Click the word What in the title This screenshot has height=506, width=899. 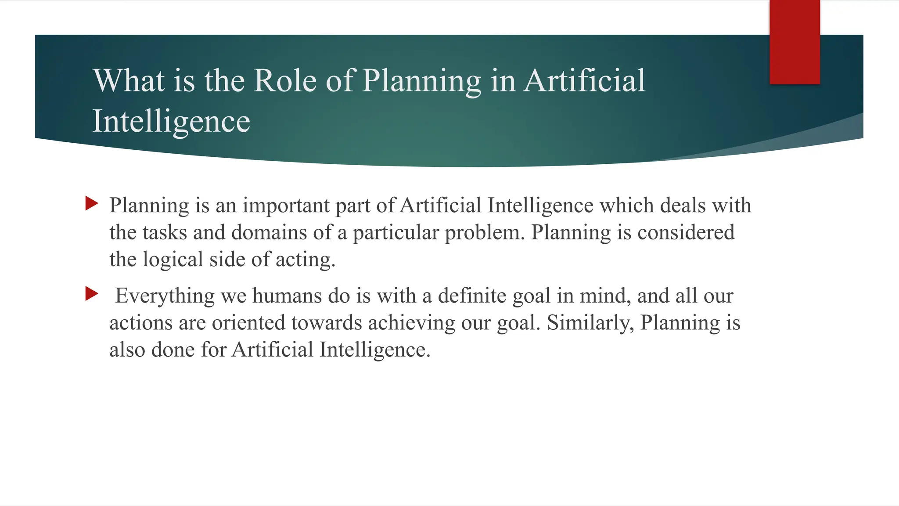(x=129, y=81)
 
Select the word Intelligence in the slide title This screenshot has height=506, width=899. (x=171, y=121)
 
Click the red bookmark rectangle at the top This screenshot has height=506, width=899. (x=795, y=42)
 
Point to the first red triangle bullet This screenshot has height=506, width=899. (x=92, y=203)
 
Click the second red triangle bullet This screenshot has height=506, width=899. (x=92, y=294)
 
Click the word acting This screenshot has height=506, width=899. (x=305, y=260)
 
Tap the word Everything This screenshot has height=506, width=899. (x=165, y=296)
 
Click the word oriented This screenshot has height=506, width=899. (x=248, y=323)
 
